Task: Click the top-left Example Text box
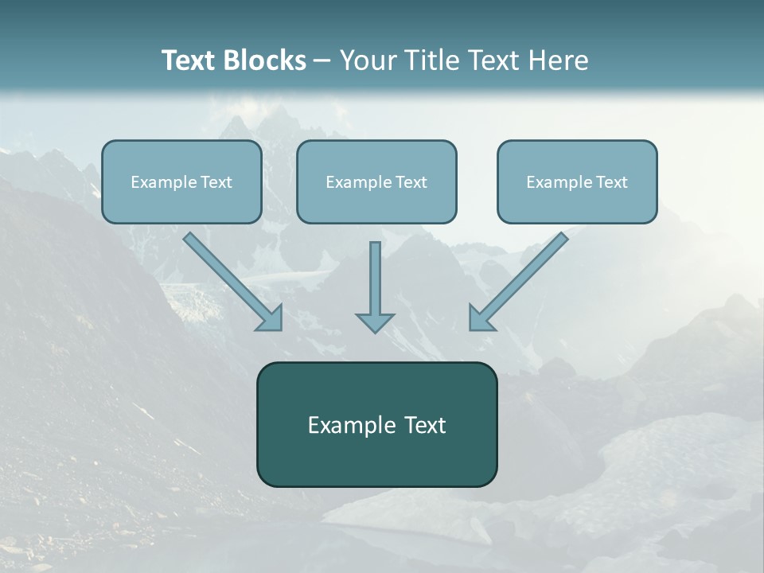[181, 181]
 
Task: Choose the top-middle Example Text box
[376, 181]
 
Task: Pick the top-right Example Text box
[577, 181]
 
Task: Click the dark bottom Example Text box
[376, 424]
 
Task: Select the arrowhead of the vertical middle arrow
[375, 322]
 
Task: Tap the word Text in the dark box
[425, 425]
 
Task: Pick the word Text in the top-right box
[611, 182]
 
